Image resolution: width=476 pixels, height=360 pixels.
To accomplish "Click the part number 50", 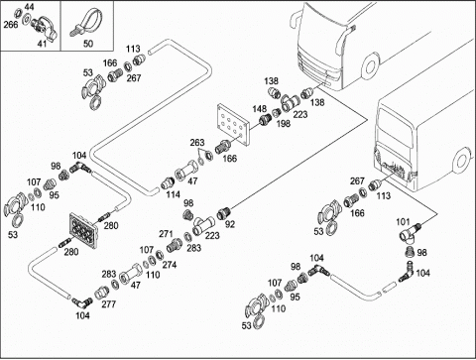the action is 88,44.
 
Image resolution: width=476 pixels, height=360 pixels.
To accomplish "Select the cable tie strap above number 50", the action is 84,23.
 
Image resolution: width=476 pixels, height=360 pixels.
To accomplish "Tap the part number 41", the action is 42,44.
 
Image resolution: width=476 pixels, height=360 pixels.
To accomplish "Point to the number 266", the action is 11,25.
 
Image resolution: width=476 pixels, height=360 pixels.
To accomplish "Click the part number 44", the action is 29,7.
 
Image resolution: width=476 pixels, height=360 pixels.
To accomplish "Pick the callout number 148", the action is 260,109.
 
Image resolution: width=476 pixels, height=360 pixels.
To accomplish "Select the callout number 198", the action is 284,123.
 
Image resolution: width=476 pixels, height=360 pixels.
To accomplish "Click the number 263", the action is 197,143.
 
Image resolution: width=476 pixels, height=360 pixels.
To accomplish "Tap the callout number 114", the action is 173,194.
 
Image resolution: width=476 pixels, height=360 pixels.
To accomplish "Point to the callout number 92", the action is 230,224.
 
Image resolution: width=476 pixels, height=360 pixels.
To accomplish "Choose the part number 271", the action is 166,234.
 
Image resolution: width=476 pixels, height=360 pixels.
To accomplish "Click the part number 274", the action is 170,265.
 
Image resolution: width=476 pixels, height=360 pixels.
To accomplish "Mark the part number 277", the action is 109,304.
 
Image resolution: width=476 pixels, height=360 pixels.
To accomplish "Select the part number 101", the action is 403,222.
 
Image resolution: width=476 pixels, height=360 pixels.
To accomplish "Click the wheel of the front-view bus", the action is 370,66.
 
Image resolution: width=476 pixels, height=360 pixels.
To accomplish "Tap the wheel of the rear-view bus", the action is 461,160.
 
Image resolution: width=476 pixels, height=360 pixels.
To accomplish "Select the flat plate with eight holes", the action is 233,124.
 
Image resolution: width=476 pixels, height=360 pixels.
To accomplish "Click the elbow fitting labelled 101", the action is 409,234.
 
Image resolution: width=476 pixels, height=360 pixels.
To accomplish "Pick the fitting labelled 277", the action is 100,293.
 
